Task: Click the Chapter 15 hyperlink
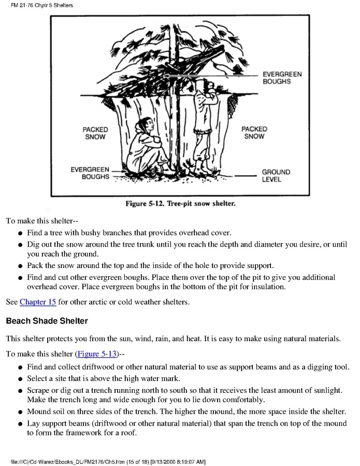[x=38, y=302]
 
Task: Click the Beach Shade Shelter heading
[x=47, y=321]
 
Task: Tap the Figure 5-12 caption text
[x=180, y=203]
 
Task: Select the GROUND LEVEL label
[x=276, y=176]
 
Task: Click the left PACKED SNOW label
[x=95, y=133]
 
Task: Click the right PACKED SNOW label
[x=254, y=133]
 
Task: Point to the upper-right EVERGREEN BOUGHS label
[x=282, y=78]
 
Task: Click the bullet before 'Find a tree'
[x=20, y=234]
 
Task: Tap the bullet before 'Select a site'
[x=20, y=379]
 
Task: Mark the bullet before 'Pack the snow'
[x=20, y=266]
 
